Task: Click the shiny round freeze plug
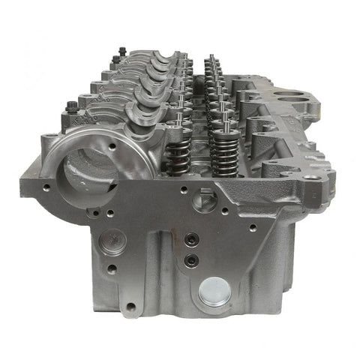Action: pyautogui.click(x=215, y=291)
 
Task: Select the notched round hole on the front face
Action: pyautogui.click(x=204, y=199)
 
